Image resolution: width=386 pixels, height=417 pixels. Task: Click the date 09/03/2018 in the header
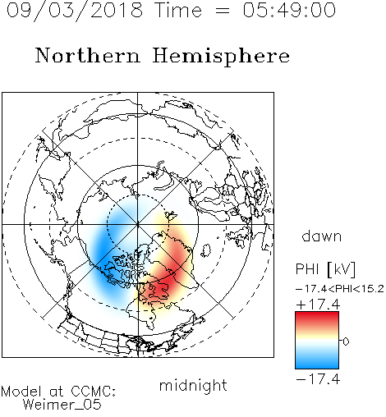tap(75, 11)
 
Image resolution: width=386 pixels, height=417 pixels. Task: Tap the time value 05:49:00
tap(289, 10)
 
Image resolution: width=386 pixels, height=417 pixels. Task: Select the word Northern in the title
tap(88, 55)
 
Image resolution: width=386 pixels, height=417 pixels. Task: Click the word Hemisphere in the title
tap(221, 57)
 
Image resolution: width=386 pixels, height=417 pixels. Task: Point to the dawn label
tap(322, 236)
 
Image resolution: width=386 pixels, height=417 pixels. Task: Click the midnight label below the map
tap(193, 385)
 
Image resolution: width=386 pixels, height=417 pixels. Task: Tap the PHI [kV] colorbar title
tap(325, 269)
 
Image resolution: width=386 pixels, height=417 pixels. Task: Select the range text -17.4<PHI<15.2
tap(340, 289)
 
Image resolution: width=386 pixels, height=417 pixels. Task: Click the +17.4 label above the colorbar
tap(318, 305)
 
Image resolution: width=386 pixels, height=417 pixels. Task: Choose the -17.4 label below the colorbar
tap(318, 379)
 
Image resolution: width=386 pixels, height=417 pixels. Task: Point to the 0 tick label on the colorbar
tap(346, 341)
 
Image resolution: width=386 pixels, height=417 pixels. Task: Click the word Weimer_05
tap(62, 404)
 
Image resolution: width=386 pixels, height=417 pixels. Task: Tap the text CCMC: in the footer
tap(94, 392)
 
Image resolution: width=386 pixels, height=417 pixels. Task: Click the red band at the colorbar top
tap(317, 318)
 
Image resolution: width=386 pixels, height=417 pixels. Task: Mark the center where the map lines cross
tap(138, 225)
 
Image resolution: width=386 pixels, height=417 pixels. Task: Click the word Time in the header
tap(178, 10)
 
